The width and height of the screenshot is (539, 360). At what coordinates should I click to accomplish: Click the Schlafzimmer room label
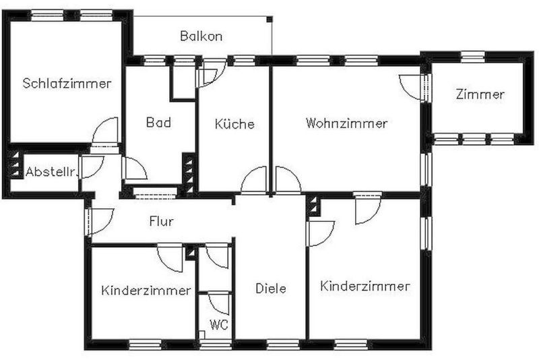pyautogui.click(x=67, y=83)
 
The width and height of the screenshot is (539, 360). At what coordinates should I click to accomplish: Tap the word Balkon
pyautogui.click(x=201, y=36)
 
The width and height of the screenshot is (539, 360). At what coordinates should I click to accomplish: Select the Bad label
pyautogui.click(x=158, y=123)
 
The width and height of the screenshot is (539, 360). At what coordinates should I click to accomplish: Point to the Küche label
pyautogui.click(x=234, y=123)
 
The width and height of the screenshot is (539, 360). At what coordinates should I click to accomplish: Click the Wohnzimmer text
pyautogui.click(x=346, y=123)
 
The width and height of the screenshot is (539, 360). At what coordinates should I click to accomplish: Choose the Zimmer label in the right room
pyautogui.click(x=480, y=94)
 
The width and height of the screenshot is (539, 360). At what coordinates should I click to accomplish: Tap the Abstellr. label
pyautogui.click(x=51, y=172)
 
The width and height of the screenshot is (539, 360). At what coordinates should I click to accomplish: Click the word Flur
pyautogui.click(x=161, y=221)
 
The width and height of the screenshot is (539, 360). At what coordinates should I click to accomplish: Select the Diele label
pyautogui.click(x=271, y=288)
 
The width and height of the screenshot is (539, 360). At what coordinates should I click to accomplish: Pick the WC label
pyautogui.click(x=219, y=324)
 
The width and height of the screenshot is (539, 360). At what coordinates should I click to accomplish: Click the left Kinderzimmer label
pyautogui.click(x=146, y=290)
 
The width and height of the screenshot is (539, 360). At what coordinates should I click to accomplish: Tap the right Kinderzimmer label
pyautogui.click(x=364, y=286)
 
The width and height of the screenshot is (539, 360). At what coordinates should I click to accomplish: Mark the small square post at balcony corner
pyautogui.click(x=269, y=20)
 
